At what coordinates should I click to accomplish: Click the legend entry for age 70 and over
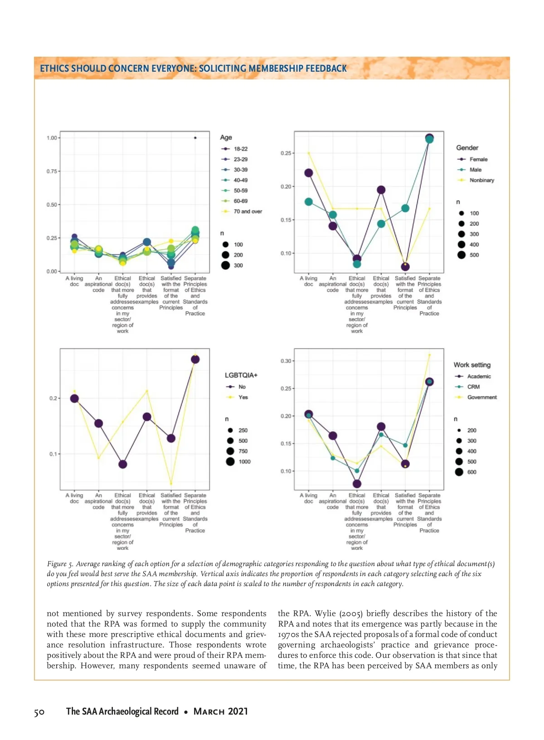pyautogui.click(x=248, y=211)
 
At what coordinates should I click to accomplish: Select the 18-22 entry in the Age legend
pyautogui.click(x=240, y=149)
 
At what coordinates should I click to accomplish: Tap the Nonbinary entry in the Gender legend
pyautogui.click(x=481, y=180)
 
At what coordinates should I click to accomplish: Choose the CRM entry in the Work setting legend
pyautogui.click(x=473, y=387)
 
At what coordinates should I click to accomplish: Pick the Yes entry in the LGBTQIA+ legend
pyautogui.click(x=243, y=397)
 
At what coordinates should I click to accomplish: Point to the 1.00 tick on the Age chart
pyautogui.click(x=52, y=138)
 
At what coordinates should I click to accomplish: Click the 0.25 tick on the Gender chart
pyautogui.click(x=286, y=153)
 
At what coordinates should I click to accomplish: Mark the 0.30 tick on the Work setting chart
pyautogui.click(x=286, y=361)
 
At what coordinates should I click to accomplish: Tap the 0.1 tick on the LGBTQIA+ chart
pyautogui.click(x=53, y=454)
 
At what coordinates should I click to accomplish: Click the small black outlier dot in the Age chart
pyautogui.click(x=195, y=137)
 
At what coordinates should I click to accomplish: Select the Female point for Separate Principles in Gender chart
pyautogui.click(x=429, y=137)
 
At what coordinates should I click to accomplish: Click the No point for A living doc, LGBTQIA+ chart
pyautogui.click(x=74, y=398)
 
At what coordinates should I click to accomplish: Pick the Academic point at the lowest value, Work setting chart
pyautogui.click(x=357, y=484)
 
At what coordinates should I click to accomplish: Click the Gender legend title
pyautogui.click(x=467, y=148)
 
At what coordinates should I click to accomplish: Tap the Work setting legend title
pyautogui.click(x=472, y=365)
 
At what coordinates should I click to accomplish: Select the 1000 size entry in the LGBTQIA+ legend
pyautogui.click(x=244, y=461)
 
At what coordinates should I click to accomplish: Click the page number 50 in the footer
pyautogui.click(x=39, y=712)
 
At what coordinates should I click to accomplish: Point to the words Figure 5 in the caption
pyautogui.click(x=60, y=564)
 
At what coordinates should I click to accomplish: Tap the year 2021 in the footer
pyautogui.click(x=238, y=711)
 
